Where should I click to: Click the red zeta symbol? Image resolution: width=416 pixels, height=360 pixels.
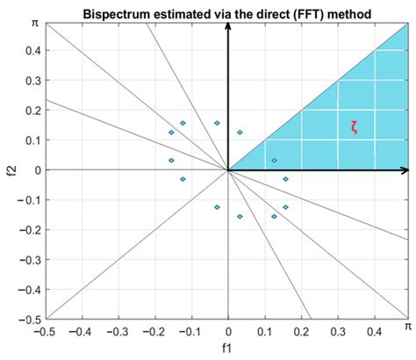(354, 126)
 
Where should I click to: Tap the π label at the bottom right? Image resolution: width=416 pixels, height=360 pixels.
(407, 325)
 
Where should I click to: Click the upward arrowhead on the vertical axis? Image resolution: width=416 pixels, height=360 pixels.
(228, 25)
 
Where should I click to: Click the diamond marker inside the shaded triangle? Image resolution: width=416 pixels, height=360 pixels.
(274, 161)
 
